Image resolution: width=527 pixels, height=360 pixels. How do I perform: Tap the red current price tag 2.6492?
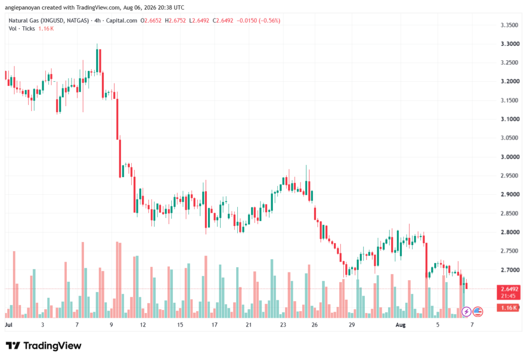coord(509,289)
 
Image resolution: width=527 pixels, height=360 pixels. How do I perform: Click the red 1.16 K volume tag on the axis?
coord(509,307)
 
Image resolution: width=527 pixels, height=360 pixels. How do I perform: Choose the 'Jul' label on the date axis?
coord(9,324)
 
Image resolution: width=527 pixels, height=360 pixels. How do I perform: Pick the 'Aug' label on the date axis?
coord(400,324)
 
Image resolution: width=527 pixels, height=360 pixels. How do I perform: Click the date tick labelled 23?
coord(283,324)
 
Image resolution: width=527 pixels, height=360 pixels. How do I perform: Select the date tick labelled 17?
coord(215,324)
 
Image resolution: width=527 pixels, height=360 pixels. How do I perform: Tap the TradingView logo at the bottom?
coord(44,346)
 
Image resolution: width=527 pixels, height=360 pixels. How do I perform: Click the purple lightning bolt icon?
coord(466,312)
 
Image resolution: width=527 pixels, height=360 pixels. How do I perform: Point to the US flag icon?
coord(478,312)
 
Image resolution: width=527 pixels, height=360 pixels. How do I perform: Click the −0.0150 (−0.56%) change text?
coord(258,21)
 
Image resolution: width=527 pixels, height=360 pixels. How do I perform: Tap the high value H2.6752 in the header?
coord(175,21)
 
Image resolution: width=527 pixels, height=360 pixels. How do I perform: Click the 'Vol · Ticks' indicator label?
coord(22,29)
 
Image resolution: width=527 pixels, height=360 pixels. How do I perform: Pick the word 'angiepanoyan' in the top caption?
coord(22,7)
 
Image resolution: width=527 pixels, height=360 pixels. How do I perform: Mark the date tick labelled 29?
coord(352,324)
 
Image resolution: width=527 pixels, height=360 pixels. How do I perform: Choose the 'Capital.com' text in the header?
coord(121,21)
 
